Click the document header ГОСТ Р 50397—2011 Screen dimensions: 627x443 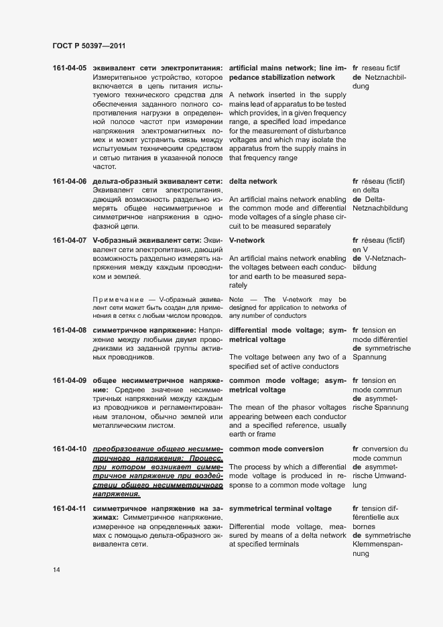click(88, 46)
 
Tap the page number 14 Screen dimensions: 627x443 click(56, 570)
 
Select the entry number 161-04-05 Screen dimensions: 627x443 click(69, 68)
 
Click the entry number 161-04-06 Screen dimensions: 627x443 click(69, 182)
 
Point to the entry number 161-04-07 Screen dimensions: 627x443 click(69, 240)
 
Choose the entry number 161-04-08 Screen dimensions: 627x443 click(69, 331)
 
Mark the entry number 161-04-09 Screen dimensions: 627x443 click(69, 381)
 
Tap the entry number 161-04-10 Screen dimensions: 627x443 click(69, 449)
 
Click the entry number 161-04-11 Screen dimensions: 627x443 click(69, 509)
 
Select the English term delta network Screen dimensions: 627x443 click(253, 182)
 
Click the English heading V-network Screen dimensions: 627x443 click(247, 240)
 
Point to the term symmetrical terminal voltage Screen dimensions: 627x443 click(280, 509)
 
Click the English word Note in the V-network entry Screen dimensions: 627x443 click(236, 299)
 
